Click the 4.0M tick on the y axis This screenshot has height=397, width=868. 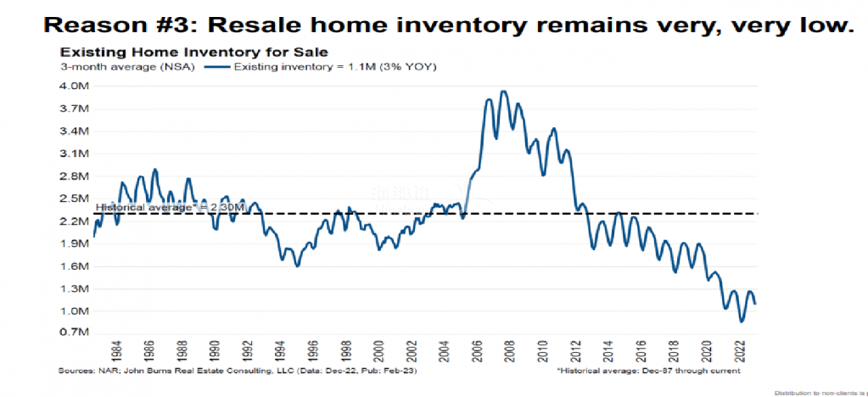(74, 86)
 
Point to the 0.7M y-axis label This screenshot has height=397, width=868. (74, 333)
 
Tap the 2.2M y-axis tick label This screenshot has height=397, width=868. (74, 221)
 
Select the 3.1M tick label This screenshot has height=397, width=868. (74, 154)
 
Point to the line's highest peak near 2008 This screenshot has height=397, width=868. (503, 92)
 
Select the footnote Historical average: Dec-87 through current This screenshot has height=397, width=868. (650, 372)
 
